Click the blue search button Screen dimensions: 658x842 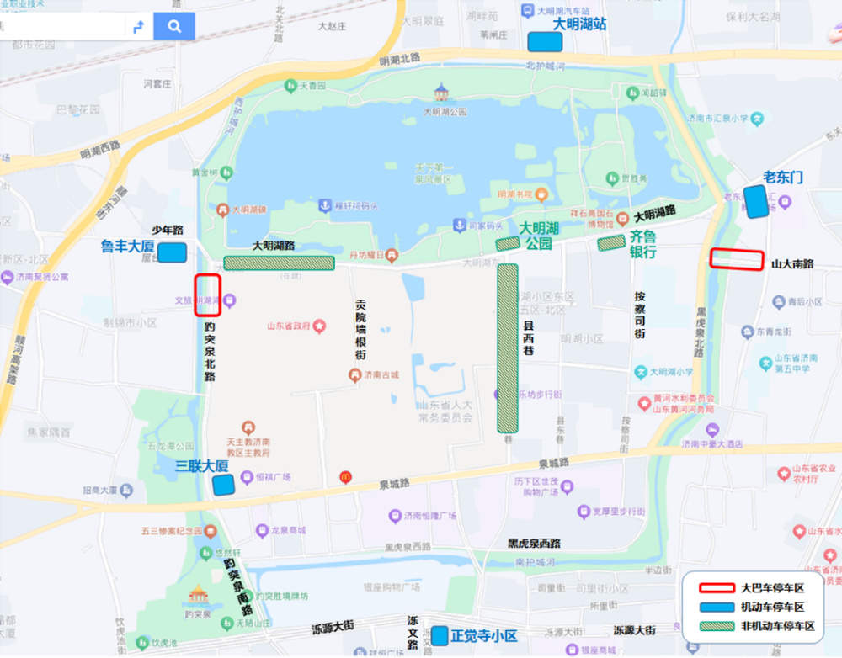[174, 26]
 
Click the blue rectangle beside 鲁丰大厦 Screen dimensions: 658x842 [173, 252]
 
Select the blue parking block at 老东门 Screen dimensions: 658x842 [756, 201]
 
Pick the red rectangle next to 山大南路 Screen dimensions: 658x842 [737, 259]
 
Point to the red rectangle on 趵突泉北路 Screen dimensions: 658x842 [207, 295]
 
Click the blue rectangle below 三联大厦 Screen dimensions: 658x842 [223, 485]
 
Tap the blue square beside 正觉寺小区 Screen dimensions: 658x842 [440, 635]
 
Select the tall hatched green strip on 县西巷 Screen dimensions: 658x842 [508, 348]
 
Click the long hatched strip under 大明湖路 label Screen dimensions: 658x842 [279, 263]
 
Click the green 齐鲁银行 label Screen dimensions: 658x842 [642, 244]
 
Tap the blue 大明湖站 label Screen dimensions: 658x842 [579, 24]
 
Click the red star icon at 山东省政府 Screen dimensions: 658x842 [319, 326]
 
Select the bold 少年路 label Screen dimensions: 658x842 [167, 230]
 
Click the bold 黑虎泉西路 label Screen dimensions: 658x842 [534, 544]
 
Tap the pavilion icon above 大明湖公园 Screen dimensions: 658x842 [441, 92]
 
